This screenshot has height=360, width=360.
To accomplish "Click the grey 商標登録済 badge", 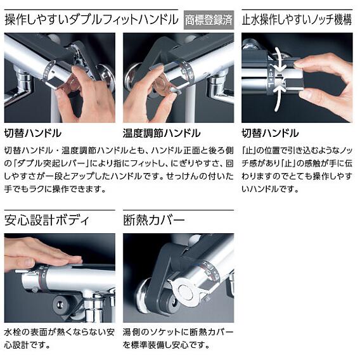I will click(x=208, y=20).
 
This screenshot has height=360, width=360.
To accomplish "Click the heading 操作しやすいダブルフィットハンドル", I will click(x=92, y=20).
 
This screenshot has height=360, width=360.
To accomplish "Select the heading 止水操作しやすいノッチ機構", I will click(x=297, y=20).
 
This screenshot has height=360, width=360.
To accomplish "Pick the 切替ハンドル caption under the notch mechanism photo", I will click(x=270, y=133).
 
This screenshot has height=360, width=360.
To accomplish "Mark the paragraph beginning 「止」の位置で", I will click(x=297, y=169).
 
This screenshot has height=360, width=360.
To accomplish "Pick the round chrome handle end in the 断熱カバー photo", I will click(x=188, y=291).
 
